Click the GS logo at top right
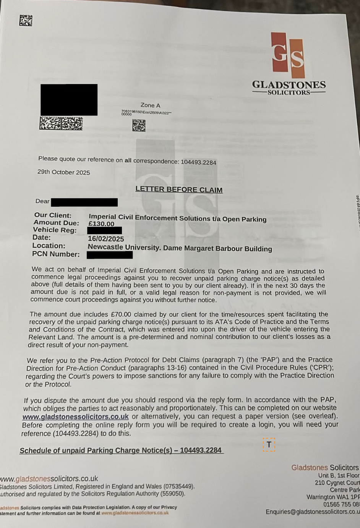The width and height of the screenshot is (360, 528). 288,55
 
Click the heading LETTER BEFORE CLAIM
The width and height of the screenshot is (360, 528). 179,189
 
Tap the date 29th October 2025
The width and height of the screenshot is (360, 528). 64,172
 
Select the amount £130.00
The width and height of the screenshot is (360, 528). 101,224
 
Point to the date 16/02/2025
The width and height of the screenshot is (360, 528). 106,239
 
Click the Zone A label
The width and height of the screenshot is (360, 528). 150,105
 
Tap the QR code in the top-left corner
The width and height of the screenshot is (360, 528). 26,20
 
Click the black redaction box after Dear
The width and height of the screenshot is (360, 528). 84,202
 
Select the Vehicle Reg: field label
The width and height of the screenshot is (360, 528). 55,230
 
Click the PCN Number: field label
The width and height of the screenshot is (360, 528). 56,254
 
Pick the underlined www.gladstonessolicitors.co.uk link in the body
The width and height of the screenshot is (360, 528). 75,416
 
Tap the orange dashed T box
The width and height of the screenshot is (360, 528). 269,445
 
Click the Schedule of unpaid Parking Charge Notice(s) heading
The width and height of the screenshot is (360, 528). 121,450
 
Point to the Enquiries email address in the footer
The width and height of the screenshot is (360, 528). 313,512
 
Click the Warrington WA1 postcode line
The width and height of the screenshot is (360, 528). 333,497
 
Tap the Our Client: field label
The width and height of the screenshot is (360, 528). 53,215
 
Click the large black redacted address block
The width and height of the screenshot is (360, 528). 69,99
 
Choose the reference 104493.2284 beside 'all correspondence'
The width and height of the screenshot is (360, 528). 198,162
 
